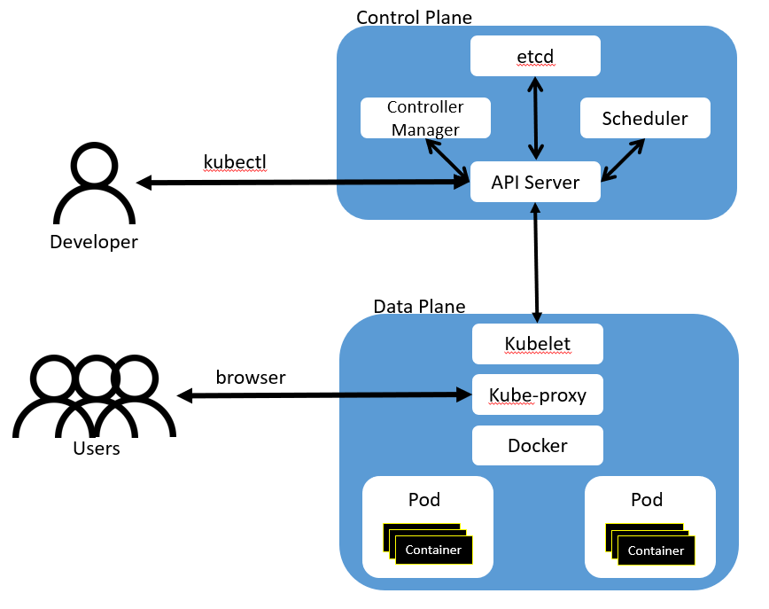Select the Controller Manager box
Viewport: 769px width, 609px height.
pos(425,118)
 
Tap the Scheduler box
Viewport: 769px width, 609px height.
pos(645,118)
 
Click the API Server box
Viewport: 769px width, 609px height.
pos(535,183)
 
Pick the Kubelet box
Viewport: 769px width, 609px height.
pos(537,344)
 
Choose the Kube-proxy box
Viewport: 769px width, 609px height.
pos(537,394)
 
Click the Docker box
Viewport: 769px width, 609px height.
pos(537,445)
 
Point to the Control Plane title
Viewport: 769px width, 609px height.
pos(414,18)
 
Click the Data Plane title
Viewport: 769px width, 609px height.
pos(419,307)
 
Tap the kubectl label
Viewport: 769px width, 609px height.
pos(234,162)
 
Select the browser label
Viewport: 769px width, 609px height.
pos(251,378)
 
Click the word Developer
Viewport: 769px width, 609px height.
pos(94,242)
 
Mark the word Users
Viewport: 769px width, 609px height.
pos(96,449)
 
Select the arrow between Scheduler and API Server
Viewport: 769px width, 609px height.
pos(624,160)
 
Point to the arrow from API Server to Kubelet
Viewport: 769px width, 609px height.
pos(536,262)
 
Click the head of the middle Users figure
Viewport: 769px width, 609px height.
pos(94,378)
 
